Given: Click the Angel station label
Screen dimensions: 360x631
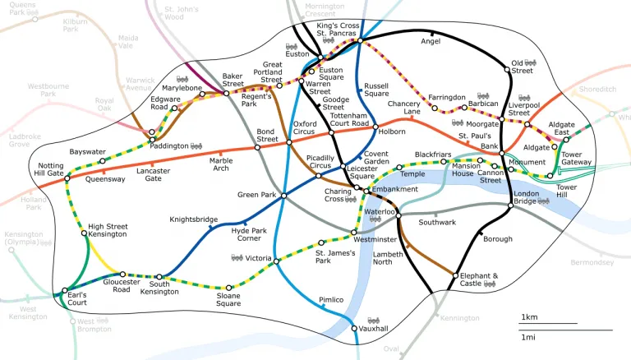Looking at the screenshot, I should click(x=431, y=41).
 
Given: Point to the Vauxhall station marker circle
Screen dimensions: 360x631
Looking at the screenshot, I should click(x=354, y=329).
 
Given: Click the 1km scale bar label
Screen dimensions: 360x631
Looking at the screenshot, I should click(x=529, y=317).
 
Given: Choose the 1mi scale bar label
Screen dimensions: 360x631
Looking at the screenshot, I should click(x=529, y=337).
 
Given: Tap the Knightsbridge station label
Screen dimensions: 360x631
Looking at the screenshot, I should click(x=194, y=219).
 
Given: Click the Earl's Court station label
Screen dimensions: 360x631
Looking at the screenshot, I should click(x=77, y=298).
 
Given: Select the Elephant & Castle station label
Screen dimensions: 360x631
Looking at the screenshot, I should click(x=479, y=279).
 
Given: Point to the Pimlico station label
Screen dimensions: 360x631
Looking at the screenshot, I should click(x=331, y=300).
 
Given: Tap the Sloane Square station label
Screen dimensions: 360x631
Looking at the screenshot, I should click(x=228, y=298).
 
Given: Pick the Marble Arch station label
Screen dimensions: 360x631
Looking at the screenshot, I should click(x=220, y=164).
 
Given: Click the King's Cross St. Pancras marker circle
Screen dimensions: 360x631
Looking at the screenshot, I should click(x=360, y=40).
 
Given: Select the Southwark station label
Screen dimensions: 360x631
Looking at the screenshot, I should click(x=437, y=223).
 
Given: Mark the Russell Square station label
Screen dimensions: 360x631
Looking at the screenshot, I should click(x=376, y=90).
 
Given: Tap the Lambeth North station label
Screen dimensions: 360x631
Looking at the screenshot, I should click(x=388, y=259).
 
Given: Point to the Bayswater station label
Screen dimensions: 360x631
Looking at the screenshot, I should click(x=88, y=152).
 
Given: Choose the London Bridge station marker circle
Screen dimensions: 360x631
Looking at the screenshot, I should click(x=509, y=205).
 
